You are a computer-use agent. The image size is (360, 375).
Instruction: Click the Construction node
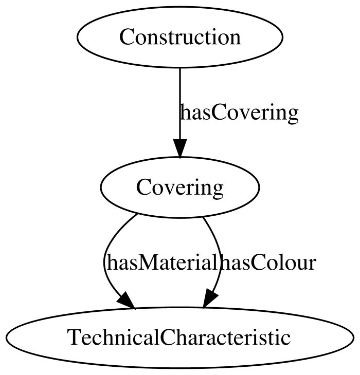click(180, 37)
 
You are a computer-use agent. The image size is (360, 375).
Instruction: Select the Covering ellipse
click(180, 188)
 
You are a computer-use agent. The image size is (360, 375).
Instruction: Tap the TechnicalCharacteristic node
click(180, 338)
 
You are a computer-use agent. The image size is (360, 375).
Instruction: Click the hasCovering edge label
click(239, 113)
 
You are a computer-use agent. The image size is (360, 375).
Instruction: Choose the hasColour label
click(267, 262)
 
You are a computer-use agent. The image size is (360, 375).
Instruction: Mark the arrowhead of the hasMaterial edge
click(127, 301)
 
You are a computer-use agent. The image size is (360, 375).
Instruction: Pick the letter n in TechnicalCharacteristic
click(117, 340)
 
